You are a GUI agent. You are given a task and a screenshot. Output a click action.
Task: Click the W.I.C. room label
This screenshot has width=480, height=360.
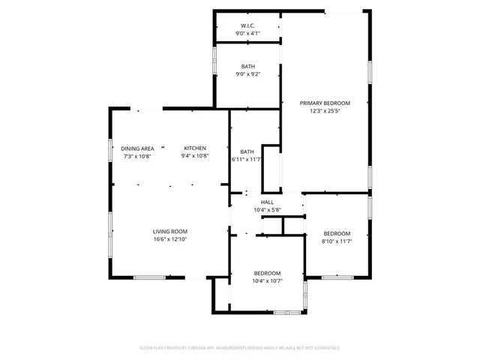[247, 25]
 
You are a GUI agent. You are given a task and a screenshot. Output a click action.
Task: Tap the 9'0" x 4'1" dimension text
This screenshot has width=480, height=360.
[247, 34]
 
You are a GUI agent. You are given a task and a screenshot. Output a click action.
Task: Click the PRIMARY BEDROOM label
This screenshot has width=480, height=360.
[325, 103]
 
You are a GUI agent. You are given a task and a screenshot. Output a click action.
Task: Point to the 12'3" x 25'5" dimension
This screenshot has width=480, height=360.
[325, 111]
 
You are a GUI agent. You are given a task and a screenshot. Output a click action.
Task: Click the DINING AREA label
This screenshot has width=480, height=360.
[138, 148]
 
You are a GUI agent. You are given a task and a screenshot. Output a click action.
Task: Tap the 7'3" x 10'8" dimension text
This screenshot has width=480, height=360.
[138, 157]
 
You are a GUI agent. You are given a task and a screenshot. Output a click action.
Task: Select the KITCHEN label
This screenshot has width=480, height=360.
[195, 148]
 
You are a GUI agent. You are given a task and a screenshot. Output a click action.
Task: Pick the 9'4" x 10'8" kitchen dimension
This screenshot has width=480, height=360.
[195, 157]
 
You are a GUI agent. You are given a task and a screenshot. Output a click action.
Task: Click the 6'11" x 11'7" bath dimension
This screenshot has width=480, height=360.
[246, 159]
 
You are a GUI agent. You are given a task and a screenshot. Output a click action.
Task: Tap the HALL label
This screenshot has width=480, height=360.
[267, 202]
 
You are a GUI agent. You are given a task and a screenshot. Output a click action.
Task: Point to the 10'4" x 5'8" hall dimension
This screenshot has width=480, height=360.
[267, 211]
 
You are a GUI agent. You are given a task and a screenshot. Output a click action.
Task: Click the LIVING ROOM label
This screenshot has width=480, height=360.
[170, 232]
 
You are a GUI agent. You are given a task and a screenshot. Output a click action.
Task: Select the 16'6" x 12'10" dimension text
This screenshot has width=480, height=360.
[170, 240]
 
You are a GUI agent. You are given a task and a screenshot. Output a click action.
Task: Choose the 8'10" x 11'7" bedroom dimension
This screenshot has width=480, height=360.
[337, 241]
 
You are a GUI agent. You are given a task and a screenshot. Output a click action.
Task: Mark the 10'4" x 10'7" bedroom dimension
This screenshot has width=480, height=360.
[267, 281]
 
